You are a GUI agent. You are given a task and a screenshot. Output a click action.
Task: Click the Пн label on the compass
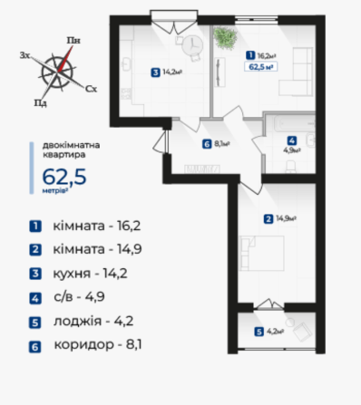tap(73, 41)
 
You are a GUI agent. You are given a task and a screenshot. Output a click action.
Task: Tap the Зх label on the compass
tap(24, 55)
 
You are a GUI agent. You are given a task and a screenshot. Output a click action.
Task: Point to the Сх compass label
tap(91, 89)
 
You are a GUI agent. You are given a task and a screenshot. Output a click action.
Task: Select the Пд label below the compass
tap(40, 103)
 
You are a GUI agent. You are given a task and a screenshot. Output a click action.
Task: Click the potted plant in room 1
tap(225, 37)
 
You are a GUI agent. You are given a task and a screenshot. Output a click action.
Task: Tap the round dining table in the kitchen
tap(192, 45)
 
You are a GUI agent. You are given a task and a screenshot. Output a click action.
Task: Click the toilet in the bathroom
tap(290, 167)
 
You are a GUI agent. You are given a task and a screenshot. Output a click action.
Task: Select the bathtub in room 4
tap(295, 124)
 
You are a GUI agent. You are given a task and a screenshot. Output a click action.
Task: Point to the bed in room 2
tap(262, 253)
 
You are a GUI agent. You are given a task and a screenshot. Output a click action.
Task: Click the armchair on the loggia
tap(302, 332)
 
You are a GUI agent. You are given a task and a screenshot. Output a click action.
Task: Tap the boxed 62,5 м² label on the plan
tap(260, 66)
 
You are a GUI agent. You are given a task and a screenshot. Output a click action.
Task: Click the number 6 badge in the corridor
tap(207, 144)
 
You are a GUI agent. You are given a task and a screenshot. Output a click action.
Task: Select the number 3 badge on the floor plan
tap(155, 72)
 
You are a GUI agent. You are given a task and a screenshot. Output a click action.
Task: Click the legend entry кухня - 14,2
tap(90, 274)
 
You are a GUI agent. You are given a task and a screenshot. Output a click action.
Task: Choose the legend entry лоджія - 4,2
tap(93, 321)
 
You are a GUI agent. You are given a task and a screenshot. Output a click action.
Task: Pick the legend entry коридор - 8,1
tap(98, 344)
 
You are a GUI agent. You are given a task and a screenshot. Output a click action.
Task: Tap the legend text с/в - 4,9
tap(79, 297)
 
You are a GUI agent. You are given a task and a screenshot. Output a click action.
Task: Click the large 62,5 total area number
tap(64, 177)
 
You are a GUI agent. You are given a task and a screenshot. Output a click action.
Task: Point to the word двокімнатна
tap(71, 145)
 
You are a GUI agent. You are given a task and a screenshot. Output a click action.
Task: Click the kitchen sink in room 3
tap(126, 64)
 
